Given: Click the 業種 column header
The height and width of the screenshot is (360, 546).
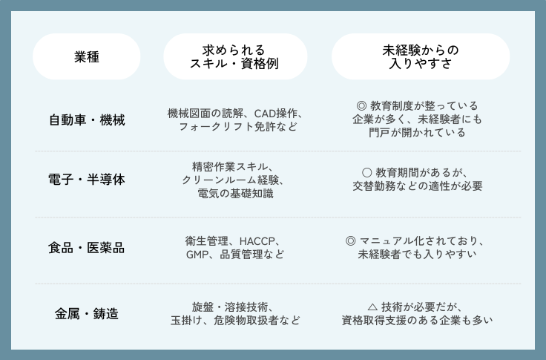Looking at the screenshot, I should pos(87,56).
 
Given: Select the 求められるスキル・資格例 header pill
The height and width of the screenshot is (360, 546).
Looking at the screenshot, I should pos(235,56).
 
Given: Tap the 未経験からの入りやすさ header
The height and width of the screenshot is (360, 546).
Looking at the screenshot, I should pos(420,56).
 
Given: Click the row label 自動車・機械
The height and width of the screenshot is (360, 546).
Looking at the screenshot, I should pos(87,120).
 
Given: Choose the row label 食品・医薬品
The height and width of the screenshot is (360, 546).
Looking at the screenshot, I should pos(87,247).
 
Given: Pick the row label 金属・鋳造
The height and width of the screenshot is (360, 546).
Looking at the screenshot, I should pos(87,313).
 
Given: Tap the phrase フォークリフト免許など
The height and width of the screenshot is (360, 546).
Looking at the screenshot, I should pos(235,127).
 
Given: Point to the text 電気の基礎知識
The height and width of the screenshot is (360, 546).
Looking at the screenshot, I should pos(235,194).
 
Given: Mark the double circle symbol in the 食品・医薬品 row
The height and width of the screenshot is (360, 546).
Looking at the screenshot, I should pos(351,240).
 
